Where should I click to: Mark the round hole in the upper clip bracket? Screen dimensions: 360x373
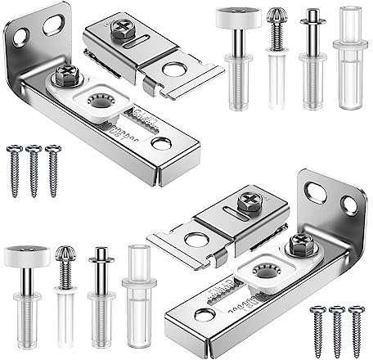[173, 70]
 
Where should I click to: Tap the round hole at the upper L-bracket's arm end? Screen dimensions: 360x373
[162, 144]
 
